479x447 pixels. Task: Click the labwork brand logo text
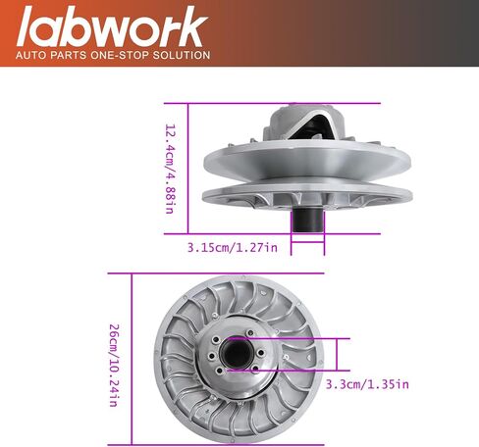[112, 26]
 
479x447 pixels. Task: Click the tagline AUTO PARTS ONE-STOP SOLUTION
[113, 55]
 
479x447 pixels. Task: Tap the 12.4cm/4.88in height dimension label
[170, 169]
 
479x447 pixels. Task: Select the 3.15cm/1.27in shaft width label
[233, 247]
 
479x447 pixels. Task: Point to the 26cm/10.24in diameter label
[113, 366]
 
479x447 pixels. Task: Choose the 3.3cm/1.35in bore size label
[367, 384]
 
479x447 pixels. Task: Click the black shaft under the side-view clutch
[307, 220]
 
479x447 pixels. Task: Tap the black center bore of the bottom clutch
[237, 354]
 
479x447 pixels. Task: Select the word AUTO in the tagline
[31, 55]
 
